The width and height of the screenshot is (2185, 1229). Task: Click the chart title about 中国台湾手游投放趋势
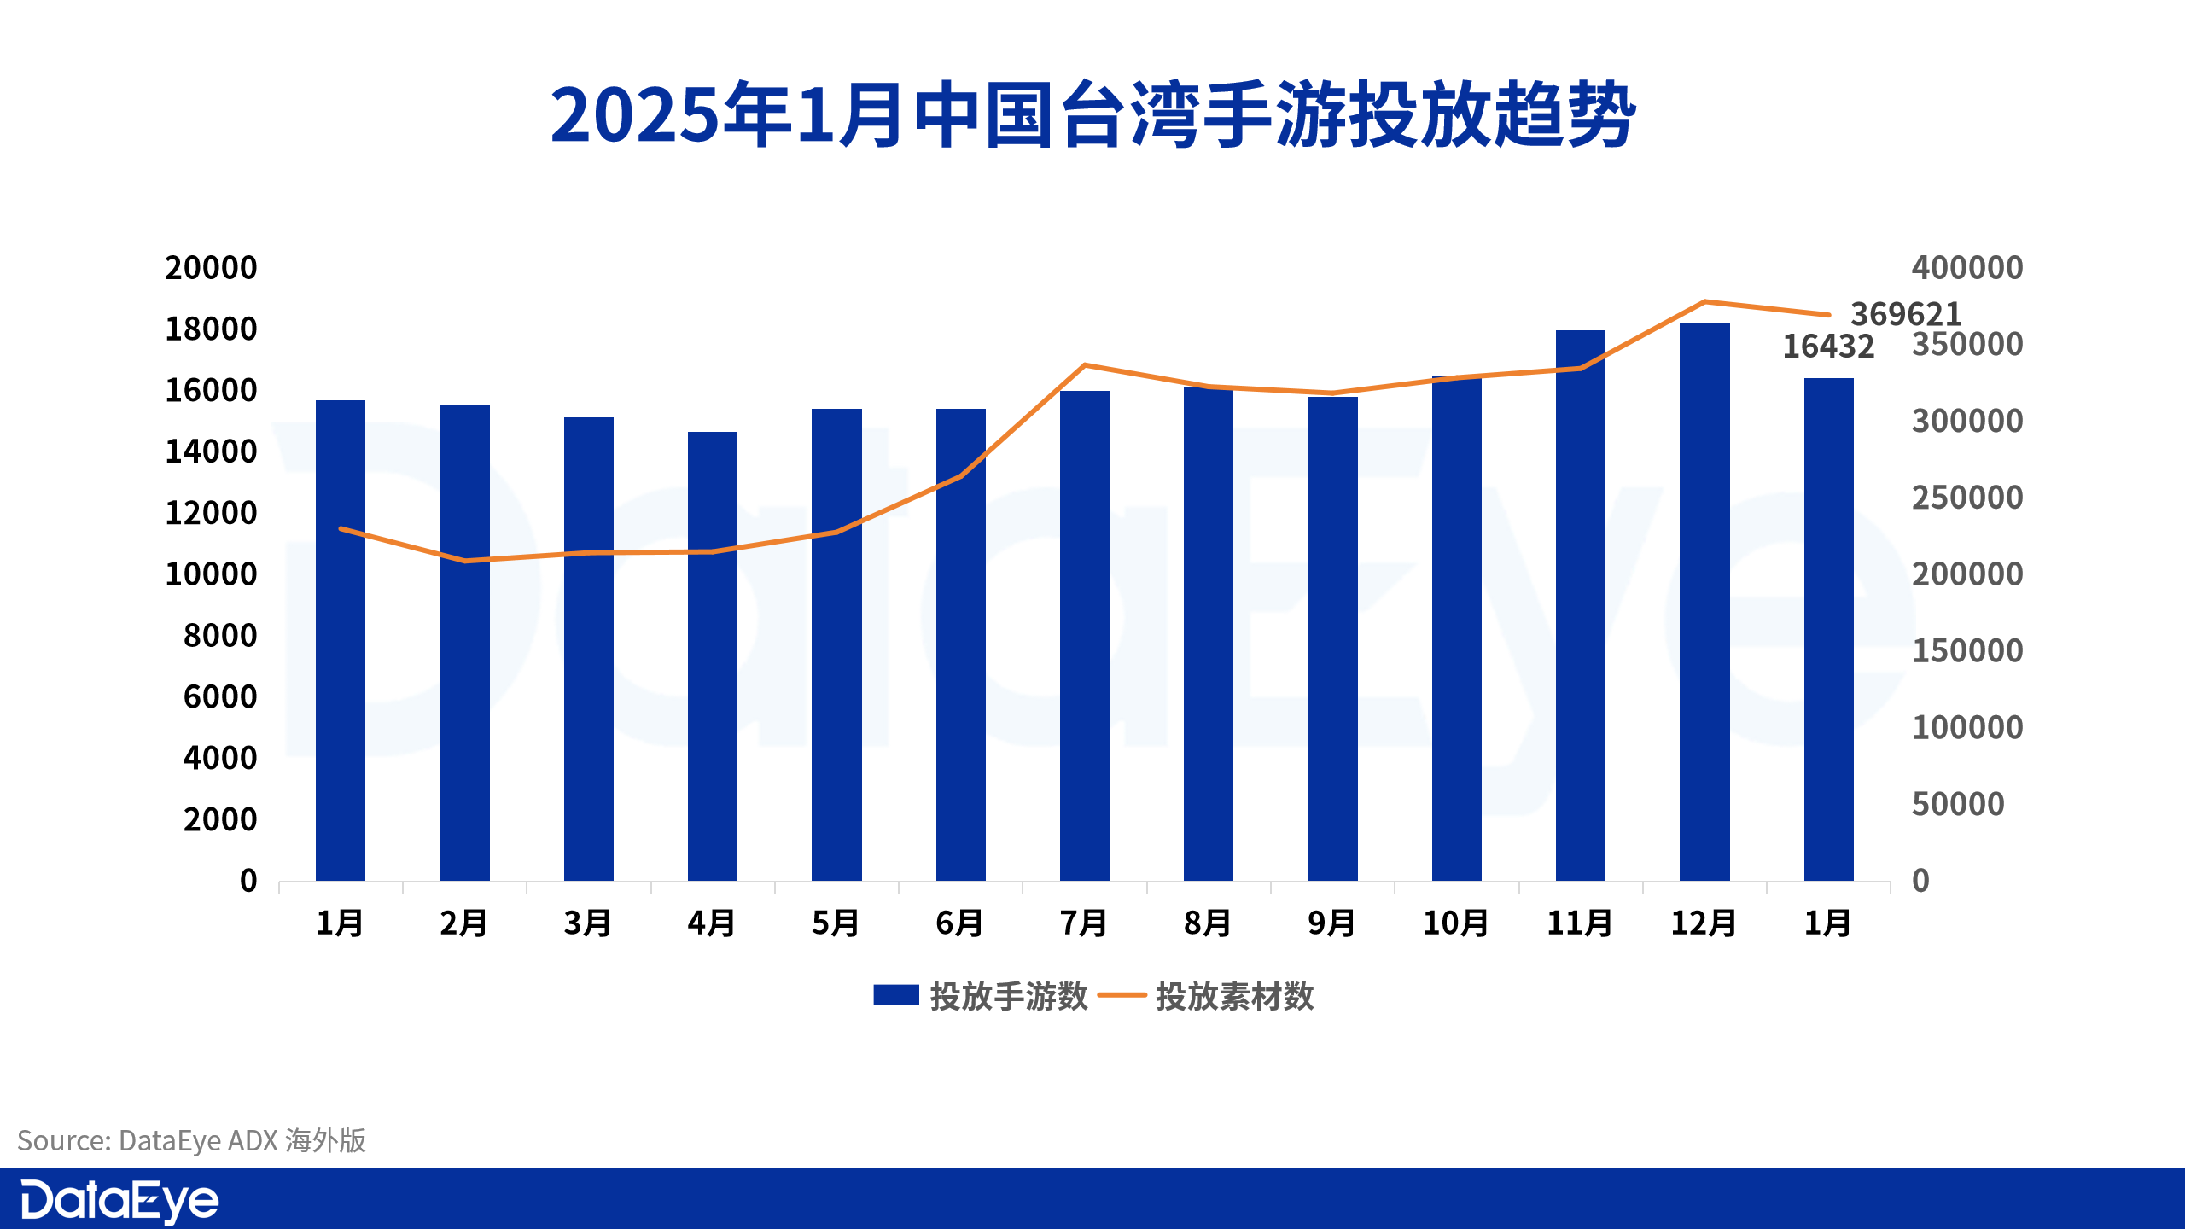(x=1092, y=115)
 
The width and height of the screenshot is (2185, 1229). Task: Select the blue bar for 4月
(x=712, y=657)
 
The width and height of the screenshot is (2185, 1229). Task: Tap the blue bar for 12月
(x=1704, y=602)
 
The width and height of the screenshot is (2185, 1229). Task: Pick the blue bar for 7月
(x=1084, y=636)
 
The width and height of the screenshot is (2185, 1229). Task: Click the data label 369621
(x=1905, y=314)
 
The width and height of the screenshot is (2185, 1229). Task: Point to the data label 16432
(x=1827, y=347)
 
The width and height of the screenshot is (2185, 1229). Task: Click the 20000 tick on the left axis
(x=210, y=268)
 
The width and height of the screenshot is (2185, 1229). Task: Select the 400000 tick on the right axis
(x=1966, y=268)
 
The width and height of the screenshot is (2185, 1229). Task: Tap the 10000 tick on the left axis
(x=210, y=574)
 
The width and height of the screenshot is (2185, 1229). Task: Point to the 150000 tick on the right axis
(x=1966, y=651)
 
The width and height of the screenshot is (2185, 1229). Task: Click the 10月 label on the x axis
(x=1455, y=923)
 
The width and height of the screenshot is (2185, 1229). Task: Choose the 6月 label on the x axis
(x=959, y=923)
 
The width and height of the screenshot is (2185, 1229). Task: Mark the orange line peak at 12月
(x=1704, y=301)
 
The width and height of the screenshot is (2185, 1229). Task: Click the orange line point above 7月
(x=1084, y=365)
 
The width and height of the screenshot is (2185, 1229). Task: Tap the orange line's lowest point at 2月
(x=464, y=561)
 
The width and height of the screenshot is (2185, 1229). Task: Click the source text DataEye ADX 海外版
(x=192, y=1140)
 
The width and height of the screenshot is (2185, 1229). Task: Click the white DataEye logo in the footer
(x=119, y=1201)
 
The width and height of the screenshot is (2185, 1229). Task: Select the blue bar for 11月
(x=1580, y=606)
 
